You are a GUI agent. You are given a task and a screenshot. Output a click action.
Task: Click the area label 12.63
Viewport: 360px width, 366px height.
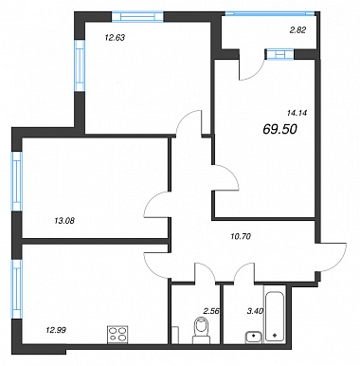115,38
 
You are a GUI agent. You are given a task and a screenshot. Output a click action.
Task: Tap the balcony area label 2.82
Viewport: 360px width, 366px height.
297,30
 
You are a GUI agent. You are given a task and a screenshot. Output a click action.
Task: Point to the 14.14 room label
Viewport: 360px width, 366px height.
297,112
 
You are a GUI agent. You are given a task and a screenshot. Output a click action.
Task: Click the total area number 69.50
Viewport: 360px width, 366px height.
279,129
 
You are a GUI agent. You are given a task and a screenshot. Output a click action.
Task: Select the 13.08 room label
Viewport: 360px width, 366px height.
64,221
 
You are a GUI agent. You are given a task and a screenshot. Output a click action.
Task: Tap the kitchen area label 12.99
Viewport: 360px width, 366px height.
56,330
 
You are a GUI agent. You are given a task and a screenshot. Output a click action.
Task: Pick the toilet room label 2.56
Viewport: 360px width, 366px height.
211,311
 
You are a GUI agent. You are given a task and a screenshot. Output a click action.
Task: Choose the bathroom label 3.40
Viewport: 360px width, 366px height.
255,311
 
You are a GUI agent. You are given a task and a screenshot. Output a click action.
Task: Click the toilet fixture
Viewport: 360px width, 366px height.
202,331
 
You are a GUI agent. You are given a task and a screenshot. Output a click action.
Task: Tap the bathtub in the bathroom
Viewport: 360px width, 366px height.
275,317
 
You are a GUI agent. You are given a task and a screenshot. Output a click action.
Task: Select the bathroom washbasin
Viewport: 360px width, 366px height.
253,337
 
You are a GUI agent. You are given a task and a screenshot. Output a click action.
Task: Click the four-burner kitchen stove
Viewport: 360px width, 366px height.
118,335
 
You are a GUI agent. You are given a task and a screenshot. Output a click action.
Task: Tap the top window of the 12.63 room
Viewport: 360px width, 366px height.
137,16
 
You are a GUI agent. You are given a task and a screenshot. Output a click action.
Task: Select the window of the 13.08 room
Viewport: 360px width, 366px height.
16,181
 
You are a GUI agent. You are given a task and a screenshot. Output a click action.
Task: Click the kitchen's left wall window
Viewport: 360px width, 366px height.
16,289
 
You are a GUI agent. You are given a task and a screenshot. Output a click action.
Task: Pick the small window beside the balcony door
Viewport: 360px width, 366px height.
280,54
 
